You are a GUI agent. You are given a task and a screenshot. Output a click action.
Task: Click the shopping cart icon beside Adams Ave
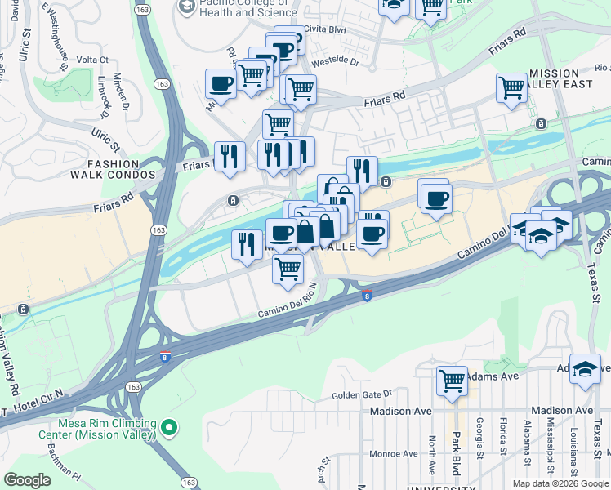pos(452,380)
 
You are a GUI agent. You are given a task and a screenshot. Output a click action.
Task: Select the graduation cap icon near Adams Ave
pos(585,369)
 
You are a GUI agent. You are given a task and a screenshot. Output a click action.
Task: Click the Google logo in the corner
pos(28,480)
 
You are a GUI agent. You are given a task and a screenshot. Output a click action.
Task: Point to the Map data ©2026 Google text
pos(560,483)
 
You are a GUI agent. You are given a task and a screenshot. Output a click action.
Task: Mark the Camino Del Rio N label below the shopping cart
pos(286,311)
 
